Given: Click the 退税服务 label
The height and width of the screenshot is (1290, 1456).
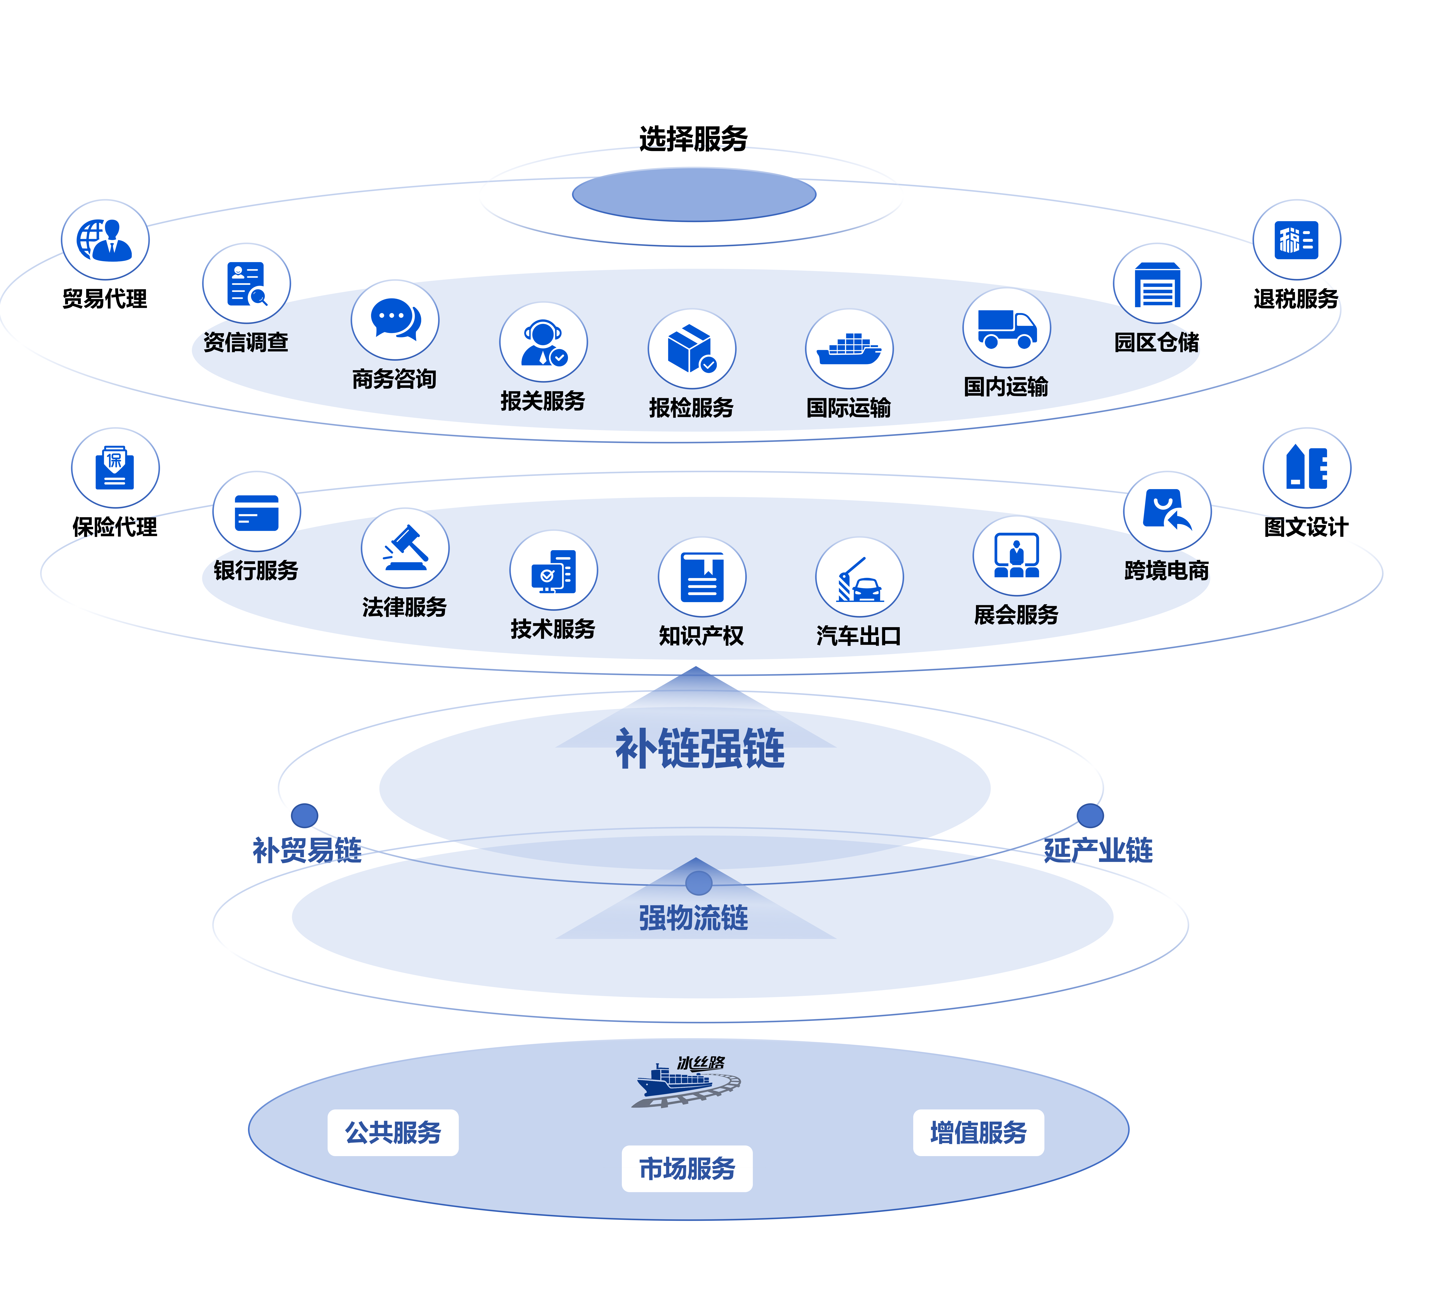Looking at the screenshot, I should point(1296,299).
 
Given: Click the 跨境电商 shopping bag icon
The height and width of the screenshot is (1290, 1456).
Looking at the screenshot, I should point(1167,511).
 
